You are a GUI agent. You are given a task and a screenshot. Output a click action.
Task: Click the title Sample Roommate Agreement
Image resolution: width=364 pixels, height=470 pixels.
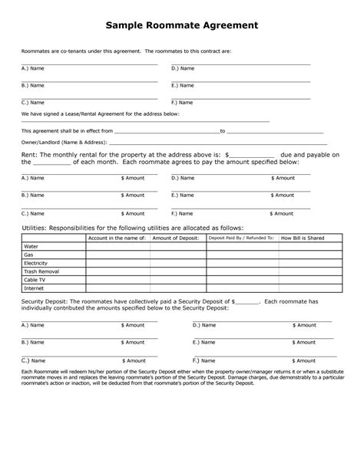tap(182, 26)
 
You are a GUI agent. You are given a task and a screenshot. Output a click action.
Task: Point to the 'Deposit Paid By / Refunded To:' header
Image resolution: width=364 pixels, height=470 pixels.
tap(241, 238)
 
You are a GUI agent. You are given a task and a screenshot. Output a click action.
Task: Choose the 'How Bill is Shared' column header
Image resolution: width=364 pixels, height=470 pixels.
tap(303, 238)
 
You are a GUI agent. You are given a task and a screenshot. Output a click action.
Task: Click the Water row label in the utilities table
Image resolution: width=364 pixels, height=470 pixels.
tap(31, 246)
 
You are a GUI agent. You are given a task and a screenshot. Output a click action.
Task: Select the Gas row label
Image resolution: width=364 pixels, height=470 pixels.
tap(30, 255)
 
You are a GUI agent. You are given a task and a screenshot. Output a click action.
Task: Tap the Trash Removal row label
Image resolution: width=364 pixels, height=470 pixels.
tap(41, 271)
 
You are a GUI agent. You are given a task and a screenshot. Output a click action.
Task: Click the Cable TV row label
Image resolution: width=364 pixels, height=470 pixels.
tap(35, 280)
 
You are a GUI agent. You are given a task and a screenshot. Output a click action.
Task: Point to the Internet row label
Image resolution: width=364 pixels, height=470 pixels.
tap(34, 288)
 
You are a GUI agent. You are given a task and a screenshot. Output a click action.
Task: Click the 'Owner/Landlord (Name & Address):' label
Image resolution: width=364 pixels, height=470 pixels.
tap(64, 143)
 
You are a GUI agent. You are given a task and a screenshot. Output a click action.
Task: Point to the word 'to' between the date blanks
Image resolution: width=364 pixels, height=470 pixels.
tap(223, 131)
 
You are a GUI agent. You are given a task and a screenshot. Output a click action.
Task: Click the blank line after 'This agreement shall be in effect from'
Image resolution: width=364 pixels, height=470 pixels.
tap(167, 130)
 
